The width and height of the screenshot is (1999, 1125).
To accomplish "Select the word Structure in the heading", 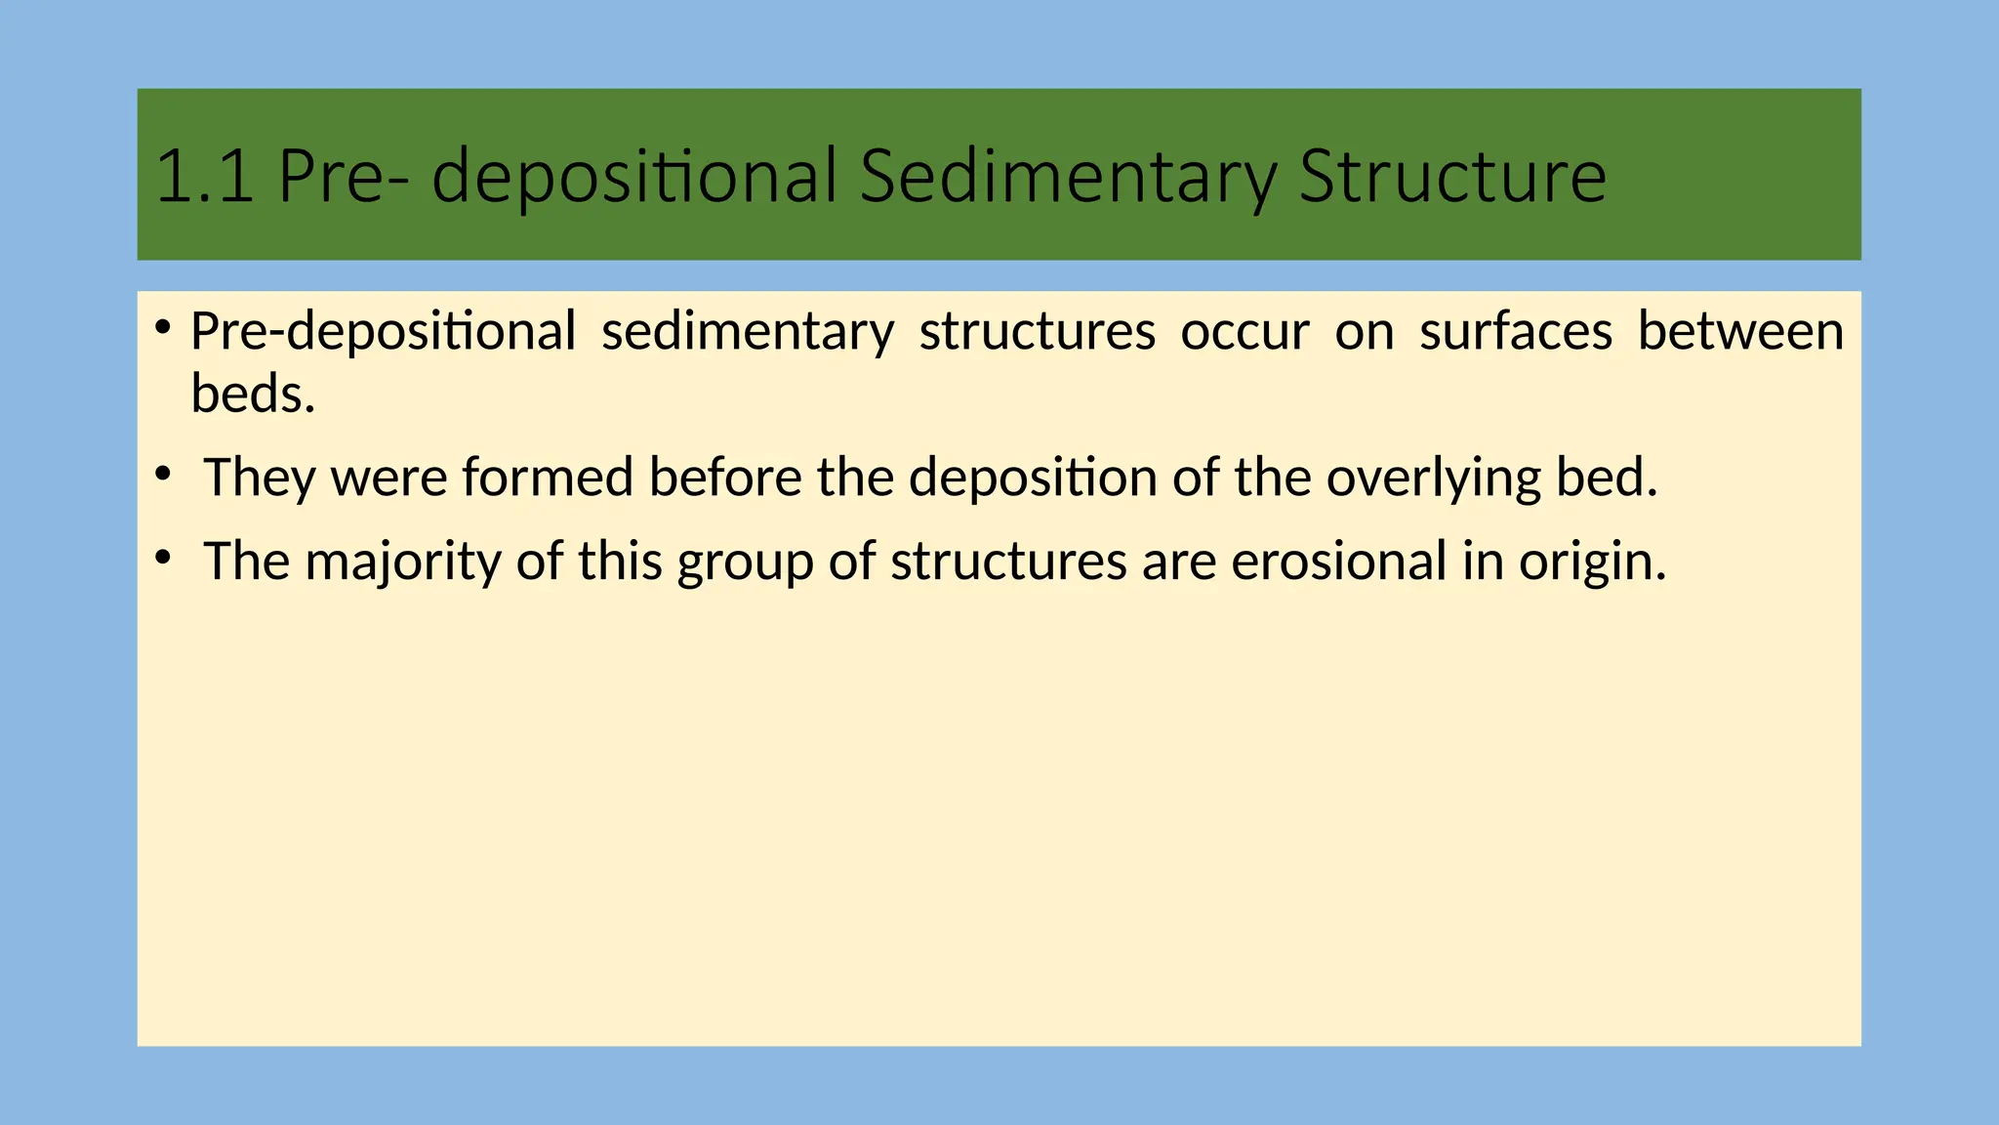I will click(1452, 177).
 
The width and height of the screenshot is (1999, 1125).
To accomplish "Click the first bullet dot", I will click(164, 325).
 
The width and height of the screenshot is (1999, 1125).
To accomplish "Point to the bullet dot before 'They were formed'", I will click(164, 474).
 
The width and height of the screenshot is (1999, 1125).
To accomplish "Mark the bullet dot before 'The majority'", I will click(164, 558).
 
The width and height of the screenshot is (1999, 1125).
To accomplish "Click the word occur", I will click(1244, 332).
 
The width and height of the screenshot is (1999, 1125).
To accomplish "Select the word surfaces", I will click(1516, 332).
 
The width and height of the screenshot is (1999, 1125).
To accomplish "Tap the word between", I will click(1740, 332).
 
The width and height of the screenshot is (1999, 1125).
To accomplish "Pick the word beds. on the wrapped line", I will click(253, 395).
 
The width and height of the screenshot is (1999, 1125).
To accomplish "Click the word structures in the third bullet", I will click(1008, 562).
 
